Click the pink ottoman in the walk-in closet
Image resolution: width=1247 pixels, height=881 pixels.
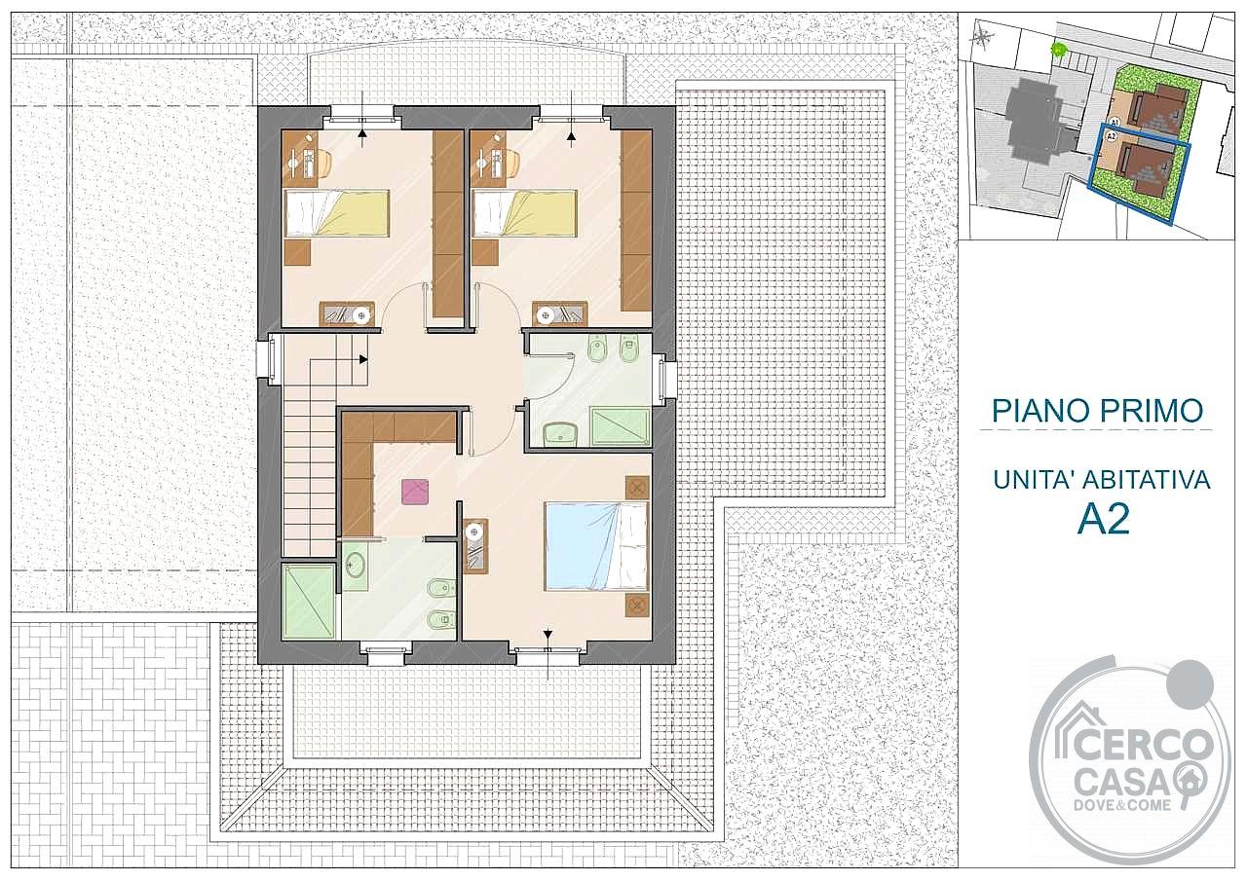coord(415,492)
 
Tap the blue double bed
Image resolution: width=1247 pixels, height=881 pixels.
coord(597,545)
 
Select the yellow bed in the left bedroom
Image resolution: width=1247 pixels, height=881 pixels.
coord(336,213)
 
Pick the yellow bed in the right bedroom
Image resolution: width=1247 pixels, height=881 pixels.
coord(524,213)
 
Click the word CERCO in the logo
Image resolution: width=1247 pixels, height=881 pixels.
coord(1136,745)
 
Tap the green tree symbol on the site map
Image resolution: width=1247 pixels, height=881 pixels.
coord(1057,49)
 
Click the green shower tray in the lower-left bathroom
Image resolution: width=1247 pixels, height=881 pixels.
coord(309,602)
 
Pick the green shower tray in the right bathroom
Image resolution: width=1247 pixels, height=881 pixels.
coord(621,427)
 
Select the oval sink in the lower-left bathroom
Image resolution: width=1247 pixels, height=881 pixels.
coord(355,567)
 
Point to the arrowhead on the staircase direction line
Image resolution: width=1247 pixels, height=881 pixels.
coord(363,360)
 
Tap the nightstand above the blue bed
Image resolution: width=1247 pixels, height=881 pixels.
coord(637,488)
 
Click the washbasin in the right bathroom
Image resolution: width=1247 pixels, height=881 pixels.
coord(560,434)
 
